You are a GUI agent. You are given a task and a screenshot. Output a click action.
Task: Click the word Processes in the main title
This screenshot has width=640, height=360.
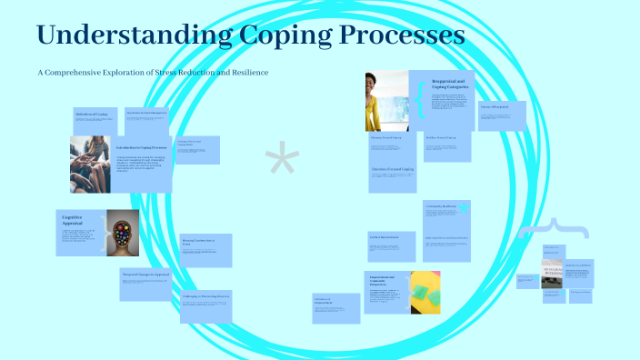click(401, 36)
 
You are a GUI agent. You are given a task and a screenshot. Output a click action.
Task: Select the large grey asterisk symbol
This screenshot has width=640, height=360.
click(282, 163)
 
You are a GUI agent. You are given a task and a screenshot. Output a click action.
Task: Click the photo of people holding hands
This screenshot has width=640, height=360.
click(91, 164)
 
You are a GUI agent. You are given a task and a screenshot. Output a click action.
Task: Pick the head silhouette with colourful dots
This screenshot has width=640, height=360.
click(123, 234)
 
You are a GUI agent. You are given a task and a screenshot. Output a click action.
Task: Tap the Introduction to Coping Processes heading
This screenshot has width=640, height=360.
click(141, 146)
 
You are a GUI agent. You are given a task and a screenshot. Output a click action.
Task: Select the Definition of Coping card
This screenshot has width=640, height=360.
click(95, 117)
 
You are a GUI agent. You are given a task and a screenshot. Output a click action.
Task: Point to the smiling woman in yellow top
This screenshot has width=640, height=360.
click(385, 101)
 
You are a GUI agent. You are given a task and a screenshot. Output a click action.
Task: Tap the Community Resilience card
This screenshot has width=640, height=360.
click(445, 218)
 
